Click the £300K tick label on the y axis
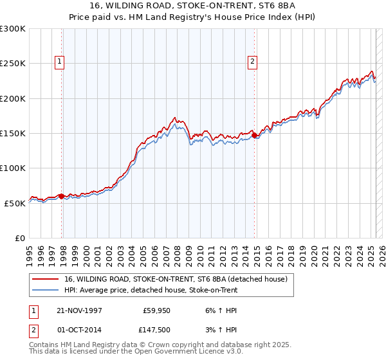13,29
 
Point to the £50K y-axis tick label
15,203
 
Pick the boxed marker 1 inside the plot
60,62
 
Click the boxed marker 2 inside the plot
253,62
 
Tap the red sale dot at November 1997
62,196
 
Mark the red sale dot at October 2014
255,135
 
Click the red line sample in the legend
45,279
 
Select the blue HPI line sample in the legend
45,290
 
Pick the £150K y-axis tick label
13,134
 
